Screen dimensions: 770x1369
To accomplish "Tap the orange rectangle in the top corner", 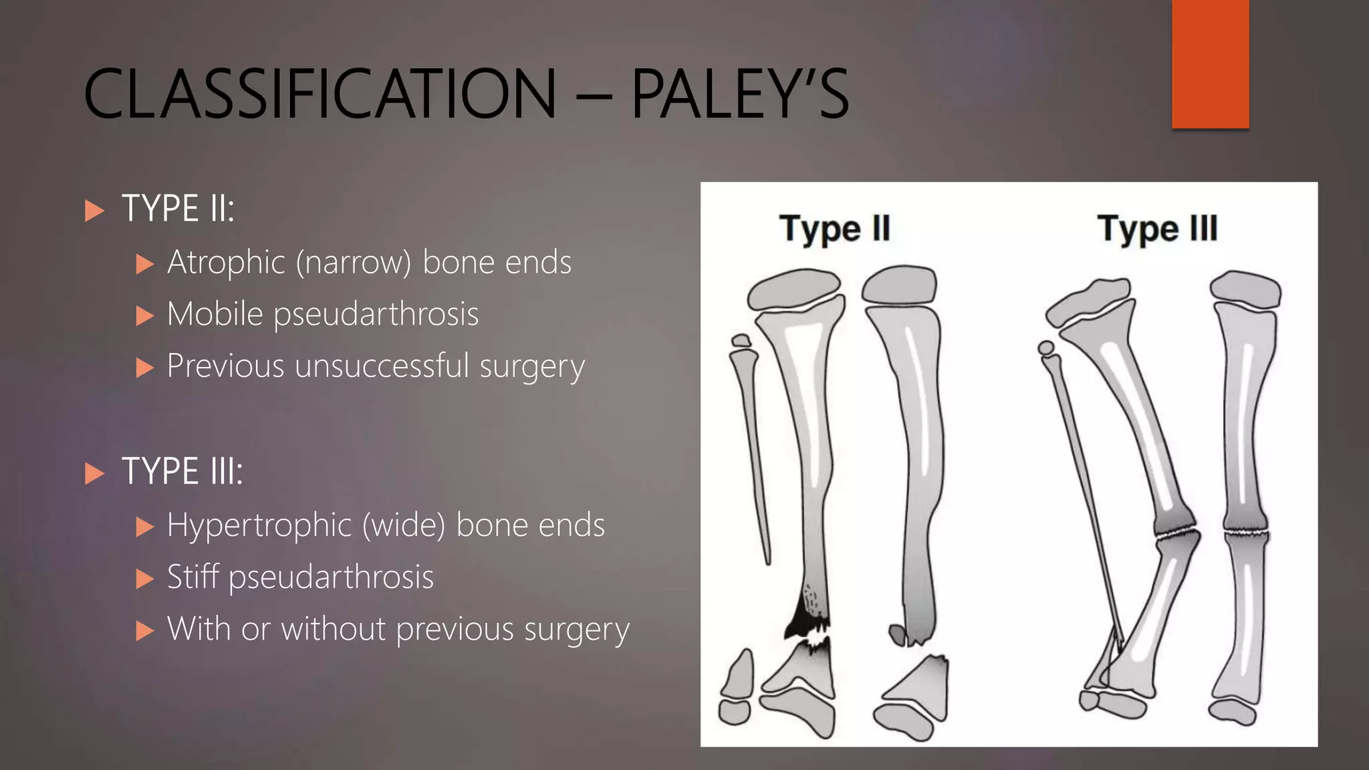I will click(x=1210, y=64).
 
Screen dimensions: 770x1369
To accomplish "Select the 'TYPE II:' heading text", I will click(x=178, y=209).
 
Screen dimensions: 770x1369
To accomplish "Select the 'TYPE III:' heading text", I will click(x=182, y=472).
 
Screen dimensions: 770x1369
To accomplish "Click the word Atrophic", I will click(x=226, y=262).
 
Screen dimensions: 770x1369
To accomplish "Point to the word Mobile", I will click(x=215, y=314).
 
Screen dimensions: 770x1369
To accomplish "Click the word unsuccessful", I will click(x=382, y=366).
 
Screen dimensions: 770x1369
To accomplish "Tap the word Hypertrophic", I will click(x=259, y=525).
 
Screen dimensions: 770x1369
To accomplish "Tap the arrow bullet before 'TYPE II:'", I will click(x=95, y=211).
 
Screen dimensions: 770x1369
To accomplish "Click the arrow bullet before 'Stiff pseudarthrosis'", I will click(x=144, y=579).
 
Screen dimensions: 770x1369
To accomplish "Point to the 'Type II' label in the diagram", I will click(x=834, y=229).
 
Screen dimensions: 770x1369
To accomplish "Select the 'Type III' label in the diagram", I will click(x=1157, y=229).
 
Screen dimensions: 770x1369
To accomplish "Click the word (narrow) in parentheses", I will click(x=354, y=263).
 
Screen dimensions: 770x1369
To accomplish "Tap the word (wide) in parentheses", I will click(x=404, y=525).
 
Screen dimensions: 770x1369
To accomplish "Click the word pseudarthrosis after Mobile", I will click(x=376, y=315).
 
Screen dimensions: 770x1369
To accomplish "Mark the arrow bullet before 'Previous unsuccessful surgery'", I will click(x=144, y=368).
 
